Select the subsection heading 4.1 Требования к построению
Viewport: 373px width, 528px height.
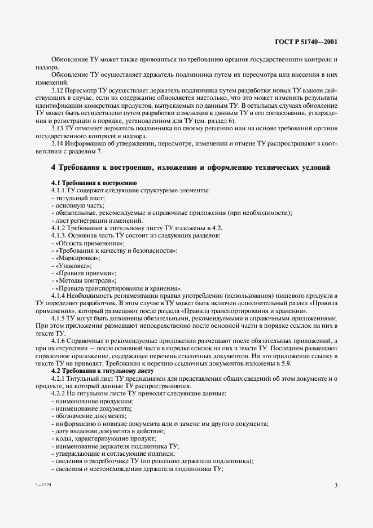click(x=93, y=182)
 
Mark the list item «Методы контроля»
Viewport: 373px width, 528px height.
click(x=85, y=280)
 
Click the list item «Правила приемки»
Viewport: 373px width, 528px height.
click(x=85, y=272)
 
